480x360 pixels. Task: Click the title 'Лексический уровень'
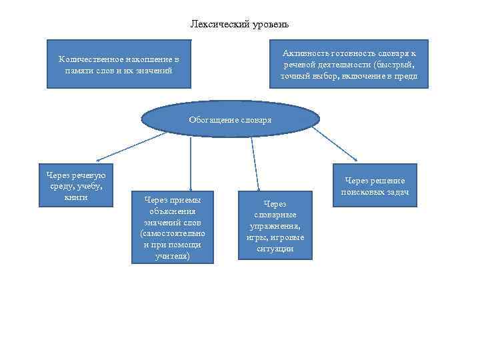[239, 25]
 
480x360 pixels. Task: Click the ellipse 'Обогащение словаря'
[230, 119]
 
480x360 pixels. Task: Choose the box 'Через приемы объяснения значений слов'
[173, 227]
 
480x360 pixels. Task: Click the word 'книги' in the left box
[76, 197]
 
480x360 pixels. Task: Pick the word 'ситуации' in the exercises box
[275, 249]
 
